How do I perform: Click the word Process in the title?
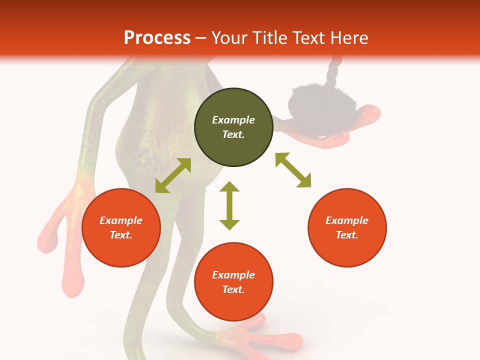[157, 37]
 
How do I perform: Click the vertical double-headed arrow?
[229, 205]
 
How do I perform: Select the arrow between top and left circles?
[173, 175]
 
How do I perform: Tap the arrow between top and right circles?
[293, 170]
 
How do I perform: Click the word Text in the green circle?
[233, 134]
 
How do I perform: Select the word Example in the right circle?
[347, 220]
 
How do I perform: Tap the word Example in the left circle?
[121, 220]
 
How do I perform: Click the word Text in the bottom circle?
[233, 289]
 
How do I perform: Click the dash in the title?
[201, 38]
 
